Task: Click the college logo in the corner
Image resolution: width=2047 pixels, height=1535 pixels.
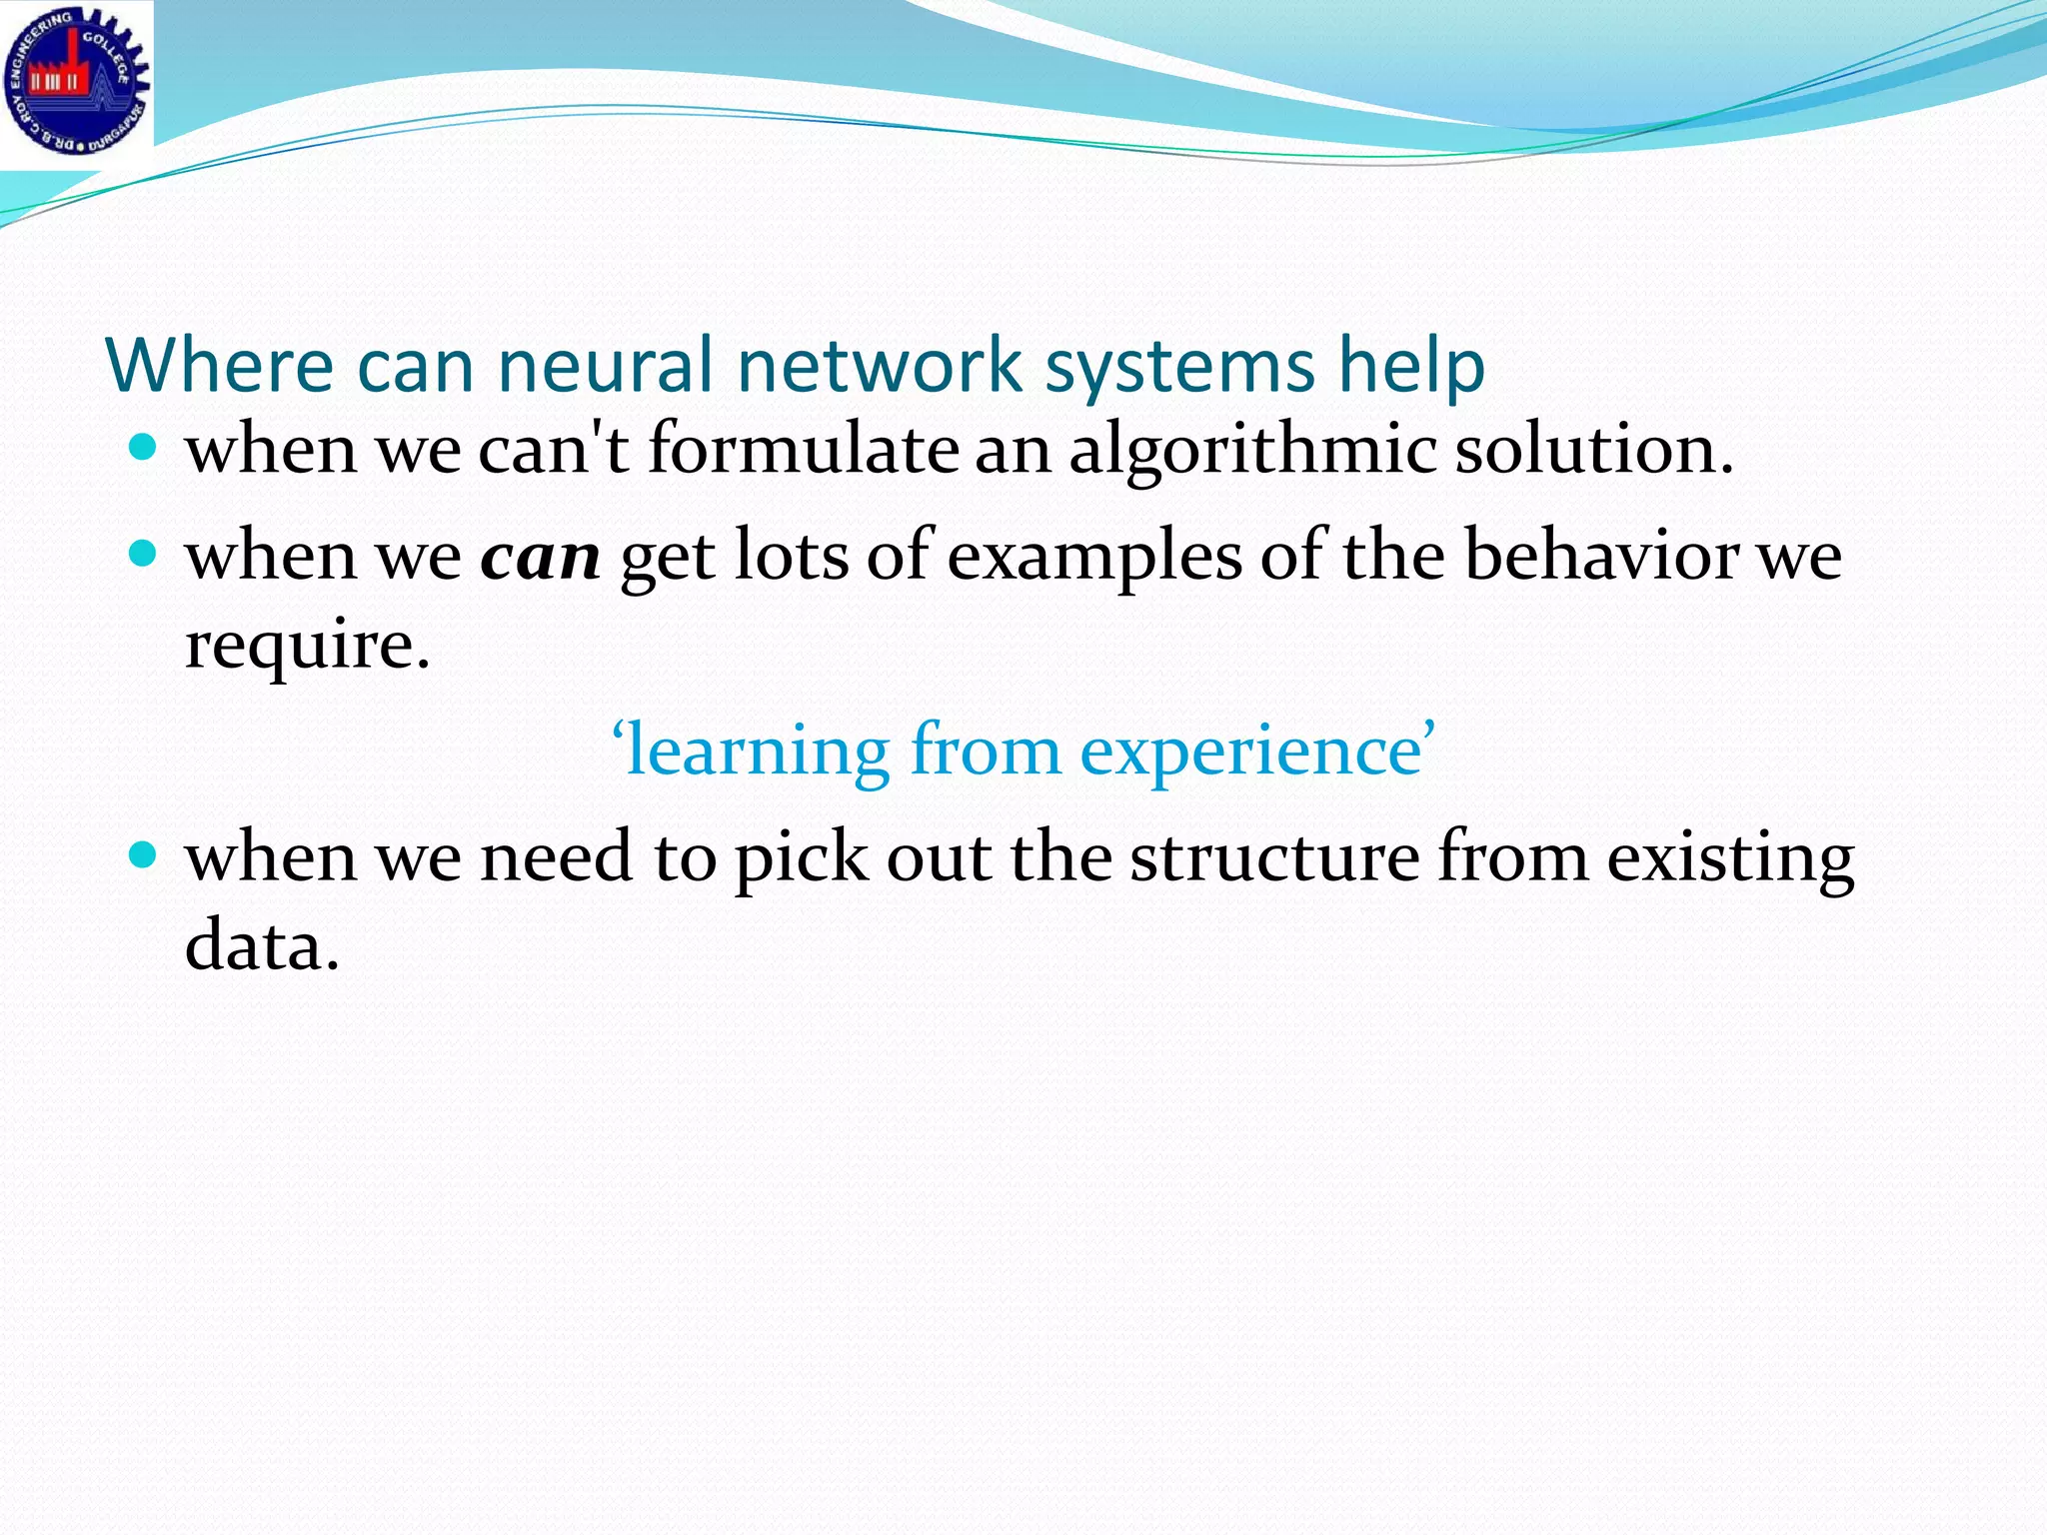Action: (x=77, y=82)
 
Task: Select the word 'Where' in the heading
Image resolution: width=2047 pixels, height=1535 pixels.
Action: (x=219, y=366)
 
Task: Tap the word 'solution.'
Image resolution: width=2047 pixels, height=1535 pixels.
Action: (x=1594, y=450)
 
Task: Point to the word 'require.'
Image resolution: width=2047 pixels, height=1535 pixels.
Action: (x=308, y=648)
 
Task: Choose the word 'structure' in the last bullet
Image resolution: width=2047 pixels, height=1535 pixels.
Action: (x=1274, y=857)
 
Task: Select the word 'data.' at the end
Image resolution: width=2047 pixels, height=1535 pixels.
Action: (x=262, y=945)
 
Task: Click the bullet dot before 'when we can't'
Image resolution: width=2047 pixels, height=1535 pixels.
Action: (x=144, y=447)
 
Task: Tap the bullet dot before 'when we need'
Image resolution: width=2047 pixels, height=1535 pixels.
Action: (x=144, y=854)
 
